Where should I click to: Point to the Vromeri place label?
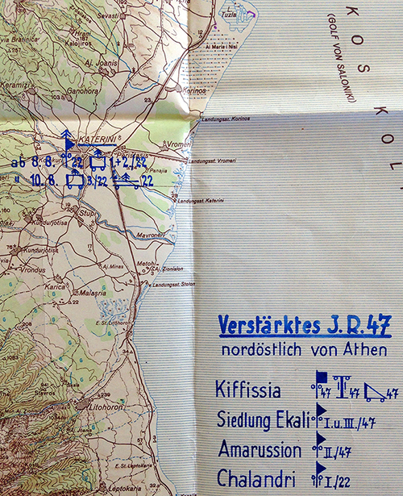[181, 144]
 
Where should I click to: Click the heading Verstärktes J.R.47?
[305, 327]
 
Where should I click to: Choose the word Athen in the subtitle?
[363, 351]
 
